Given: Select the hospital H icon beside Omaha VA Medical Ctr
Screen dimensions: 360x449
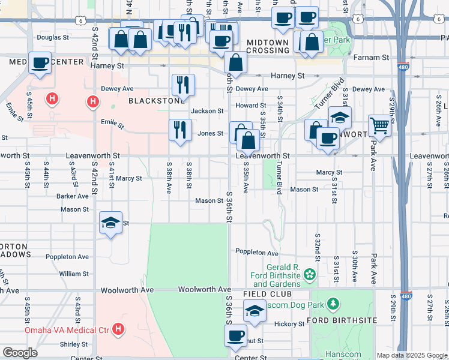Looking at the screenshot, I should pos(119,329).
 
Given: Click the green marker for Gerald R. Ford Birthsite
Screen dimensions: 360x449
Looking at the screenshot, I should pos(310,275).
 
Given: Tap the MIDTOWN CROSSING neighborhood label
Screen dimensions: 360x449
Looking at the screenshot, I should pos(268,46).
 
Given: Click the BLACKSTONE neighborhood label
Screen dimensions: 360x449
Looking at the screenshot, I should pos(157,101).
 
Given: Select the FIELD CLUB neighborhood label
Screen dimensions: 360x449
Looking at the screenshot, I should pos(268,294).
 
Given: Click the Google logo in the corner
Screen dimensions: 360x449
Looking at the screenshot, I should pos(20,353).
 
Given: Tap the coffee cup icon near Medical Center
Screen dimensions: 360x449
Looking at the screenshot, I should pos(41,64).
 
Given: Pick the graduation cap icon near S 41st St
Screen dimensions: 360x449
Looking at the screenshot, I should pos(111,223).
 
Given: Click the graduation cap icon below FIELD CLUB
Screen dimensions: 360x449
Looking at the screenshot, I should pos(255,311).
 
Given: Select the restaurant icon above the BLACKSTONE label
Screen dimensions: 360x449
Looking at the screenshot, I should pos(183,85).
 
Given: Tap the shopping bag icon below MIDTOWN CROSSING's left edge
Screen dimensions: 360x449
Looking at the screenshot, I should pos(235,62).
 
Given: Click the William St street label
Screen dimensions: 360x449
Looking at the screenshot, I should pos(74,274).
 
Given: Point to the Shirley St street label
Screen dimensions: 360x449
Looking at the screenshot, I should pos(74,344).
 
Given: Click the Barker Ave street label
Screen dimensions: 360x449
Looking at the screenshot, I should pos(73,196).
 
